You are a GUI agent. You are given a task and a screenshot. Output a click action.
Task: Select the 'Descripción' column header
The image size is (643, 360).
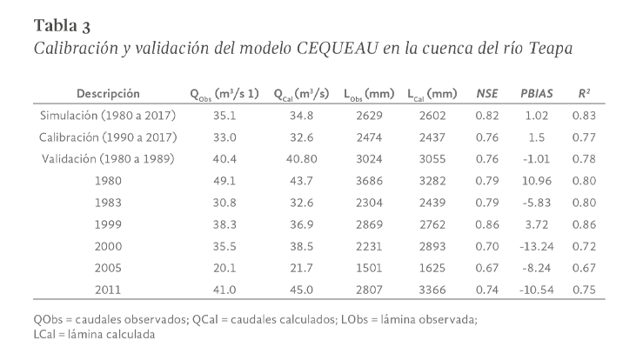pos(108,93)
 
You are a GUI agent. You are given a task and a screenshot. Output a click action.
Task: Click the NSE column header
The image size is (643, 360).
pos(487,93)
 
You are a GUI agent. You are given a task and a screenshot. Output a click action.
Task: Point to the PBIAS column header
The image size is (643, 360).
pos(538,93)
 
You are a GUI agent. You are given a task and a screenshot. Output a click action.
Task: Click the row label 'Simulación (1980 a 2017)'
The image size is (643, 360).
pos(108,116)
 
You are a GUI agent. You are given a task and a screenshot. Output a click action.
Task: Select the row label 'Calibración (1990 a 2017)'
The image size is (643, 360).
pos(108,137)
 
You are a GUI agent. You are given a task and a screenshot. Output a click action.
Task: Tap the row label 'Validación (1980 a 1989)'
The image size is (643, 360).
pos(108,158)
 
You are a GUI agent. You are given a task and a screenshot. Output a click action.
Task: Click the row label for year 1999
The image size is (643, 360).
pos(108,223)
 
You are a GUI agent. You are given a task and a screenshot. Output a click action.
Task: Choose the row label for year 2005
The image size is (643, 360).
pos(108,267)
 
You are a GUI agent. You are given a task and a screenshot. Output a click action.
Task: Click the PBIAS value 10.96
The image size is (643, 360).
pos(538,181)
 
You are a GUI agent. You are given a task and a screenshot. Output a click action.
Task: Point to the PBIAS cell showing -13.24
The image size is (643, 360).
pos(537,245)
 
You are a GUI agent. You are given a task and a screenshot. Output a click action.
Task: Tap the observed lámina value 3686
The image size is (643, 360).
pos(368,181)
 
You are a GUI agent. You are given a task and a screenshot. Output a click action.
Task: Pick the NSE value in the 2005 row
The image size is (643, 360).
pos(487,267)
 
